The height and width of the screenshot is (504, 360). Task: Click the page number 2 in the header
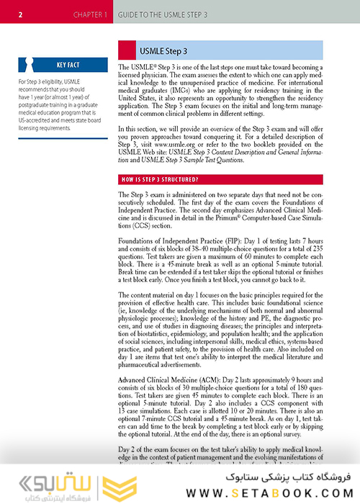point(21,14)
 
